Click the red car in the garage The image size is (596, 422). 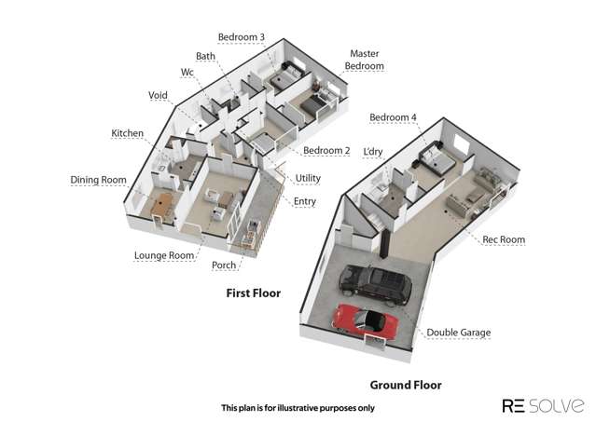pyautogui.click(x=366, y=320)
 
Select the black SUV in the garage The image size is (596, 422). pyautogui.click(x=375, y=284)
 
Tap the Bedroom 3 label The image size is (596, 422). pyautogui.click(x=242, y=37)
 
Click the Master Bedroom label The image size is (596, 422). pyautogui.click(x=364, y=60)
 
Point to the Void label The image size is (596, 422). pyautogui.click(x=158, y=95)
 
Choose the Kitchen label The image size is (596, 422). pyautogui.click(x=128, y=133)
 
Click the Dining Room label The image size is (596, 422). pyautogui.click(x=99, y=180)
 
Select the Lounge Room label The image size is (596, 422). pyautogui.click(x=164, y=255)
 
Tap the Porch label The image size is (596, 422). pyautogui.click(x=224, y=265)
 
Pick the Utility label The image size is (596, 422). pyautogui.click(x=308, y=178)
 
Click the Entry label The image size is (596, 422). pyautogui.click(x=305, y=201)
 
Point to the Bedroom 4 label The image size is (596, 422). pyautogui.click(x=393, y=117)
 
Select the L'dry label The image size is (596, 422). pyautogui.click(x=373, y=152)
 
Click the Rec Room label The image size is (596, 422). pyautogui.click(x=504, y=239)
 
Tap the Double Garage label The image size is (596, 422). pyautogui.click(x=458, y=333)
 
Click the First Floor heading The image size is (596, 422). pyautogui.click(x=254, y=293)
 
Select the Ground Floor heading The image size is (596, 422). pyautogui.click(x=406, y=385)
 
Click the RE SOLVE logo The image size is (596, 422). pyautogui.click(x=543, y=405)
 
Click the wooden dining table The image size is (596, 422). pyautogui.click(x=163, y=205)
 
